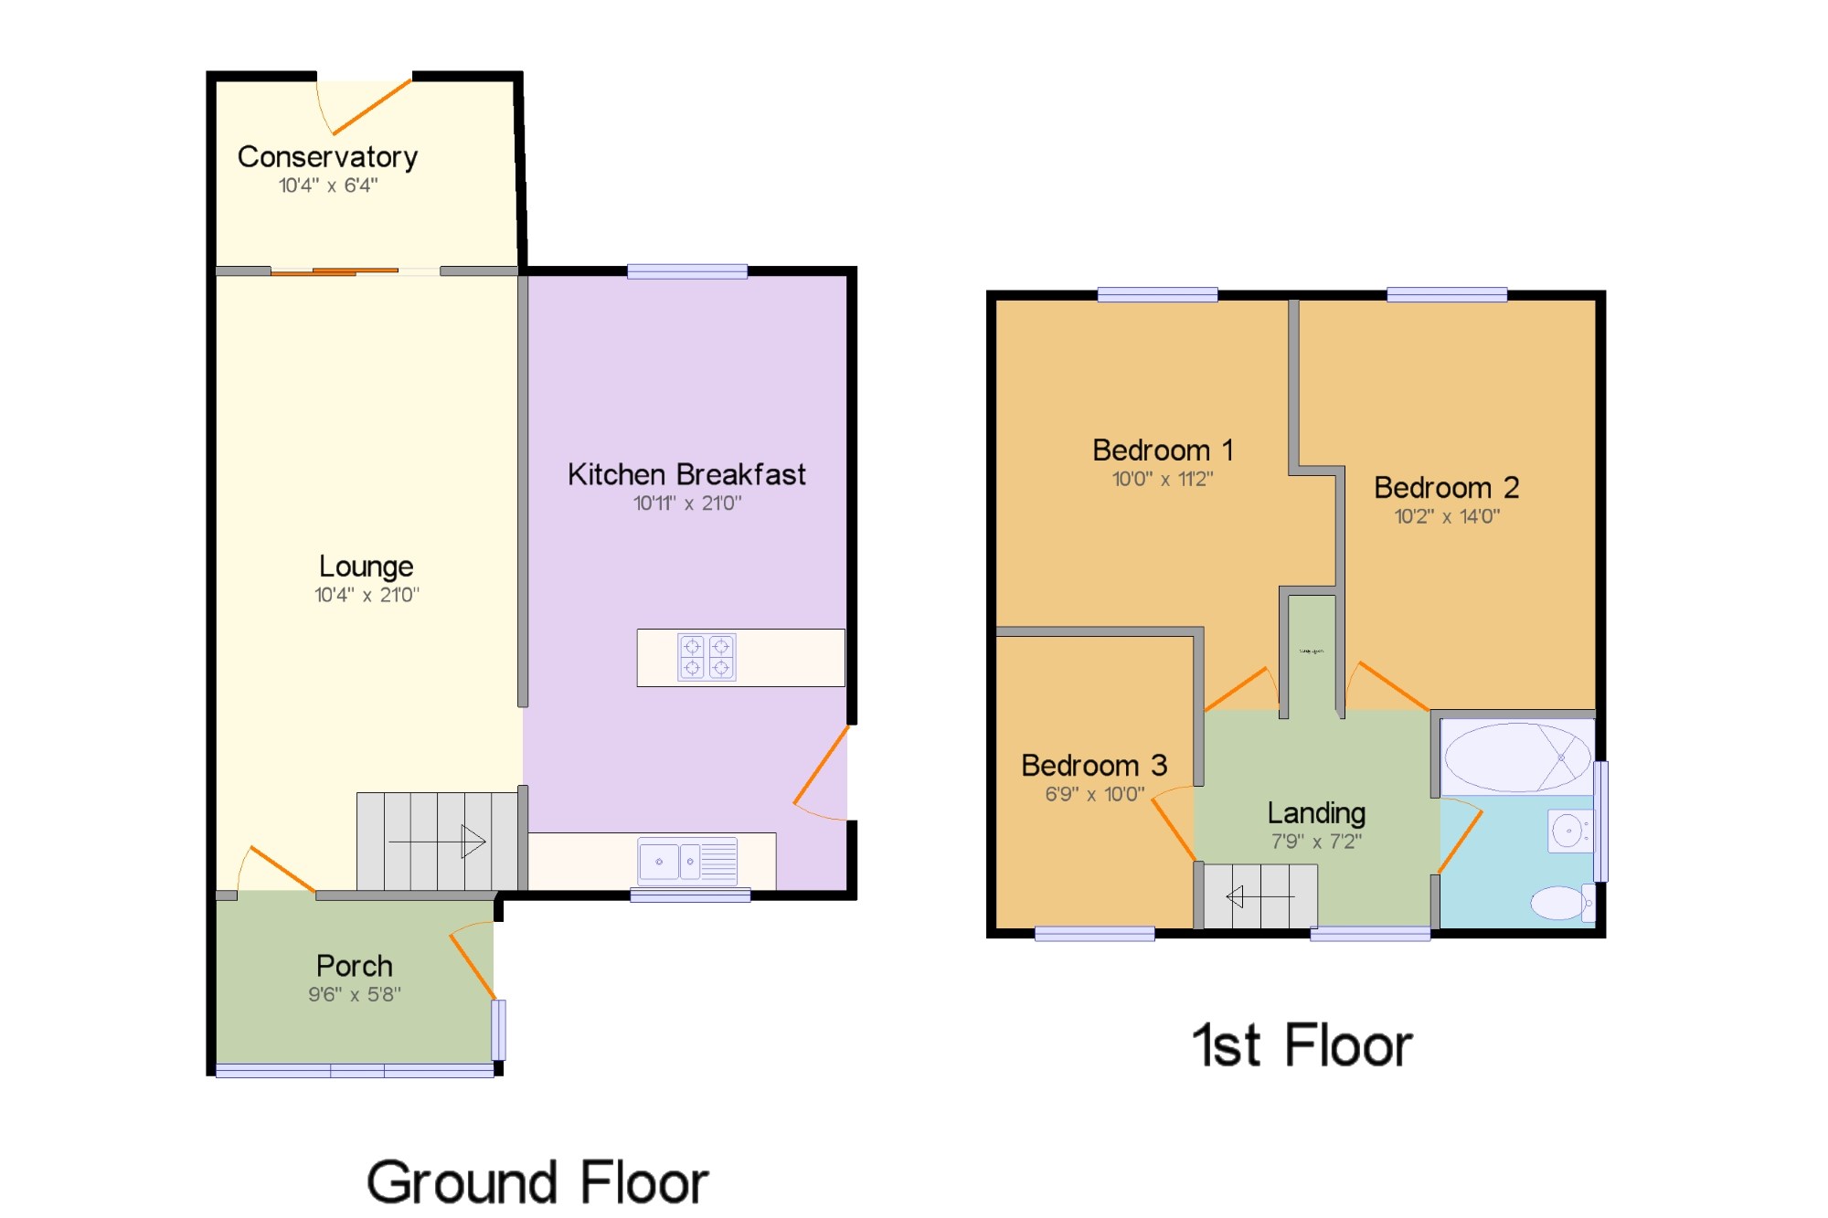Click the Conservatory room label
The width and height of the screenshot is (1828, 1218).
[327, 157]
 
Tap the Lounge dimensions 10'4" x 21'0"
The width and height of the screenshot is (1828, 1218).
[367, 595]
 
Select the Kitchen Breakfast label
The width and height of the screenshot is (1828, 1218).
[686, 475]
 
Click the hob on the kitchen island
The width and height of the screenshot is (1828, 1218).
[707, 657]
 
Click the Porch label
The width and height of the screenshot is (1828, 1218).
[355, 966]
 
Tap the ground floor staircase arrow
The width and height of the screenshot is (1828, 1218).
[438, 842]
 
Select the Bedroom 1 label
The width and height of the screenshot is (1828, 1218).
[1163, 450]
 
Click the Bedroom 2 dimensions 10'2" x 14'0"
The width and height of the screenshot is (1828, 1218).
[1447, 516]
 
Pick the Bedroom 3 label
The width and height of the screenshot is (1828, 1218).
[1094, 766]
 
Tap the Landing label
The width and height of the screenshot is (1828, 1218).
[1316, 812]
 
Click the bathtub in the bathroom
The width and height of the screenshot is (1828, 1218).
[1517, 757]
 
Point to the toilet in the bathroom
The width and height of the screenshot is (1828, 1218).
[1561, 903]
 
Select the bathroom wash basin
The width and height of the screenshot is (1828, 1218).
[1568, 831]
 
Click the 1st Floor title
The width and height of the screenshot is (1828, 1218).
[1302, 1045]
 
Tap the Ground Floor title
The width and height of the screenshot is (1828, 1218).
[537, 1182]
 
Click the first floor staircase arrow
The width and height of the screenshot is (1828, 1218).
[1259, 897]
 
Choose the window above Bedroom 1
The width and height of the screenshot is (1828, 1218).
[1157, 294]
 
